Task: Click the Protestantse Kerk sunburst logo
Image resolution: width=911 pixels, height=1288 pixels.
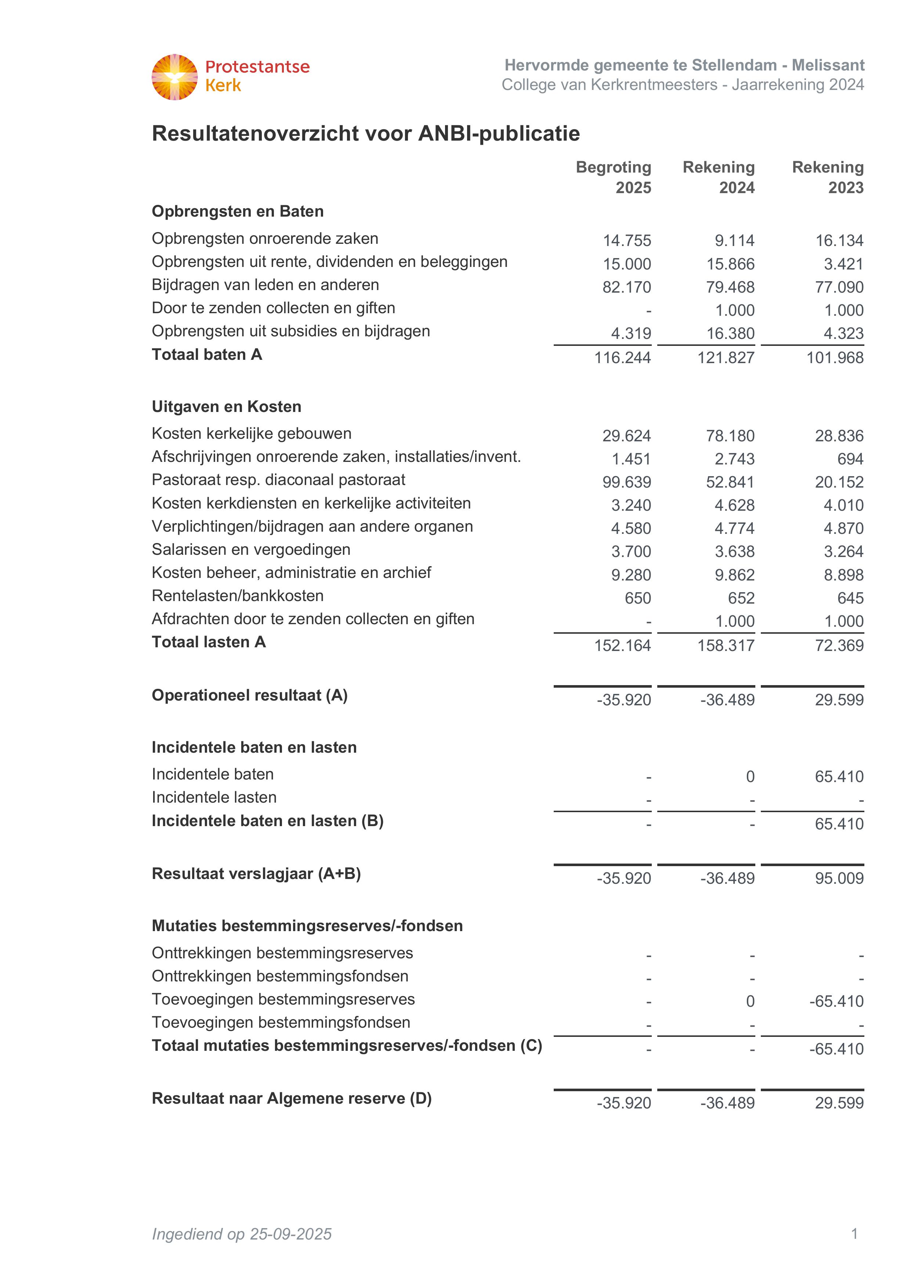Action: click(174, 77)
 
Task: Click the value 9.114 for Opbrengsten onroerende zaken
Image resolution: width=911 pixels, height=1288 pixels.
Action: click(734, 240)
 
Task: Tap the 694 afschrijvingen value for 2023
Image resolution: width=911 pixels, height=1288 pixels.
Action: click(850, 459)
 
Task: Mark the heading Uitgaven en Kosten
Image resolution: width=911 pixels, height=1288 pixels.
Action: click(226, 407)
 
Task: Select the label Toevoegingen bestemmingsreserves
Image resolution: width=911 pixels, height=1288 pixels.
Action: click(283, 1000)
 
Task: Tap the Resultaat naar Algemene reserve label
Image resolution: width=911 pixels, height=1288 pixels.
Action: click(292, 1099)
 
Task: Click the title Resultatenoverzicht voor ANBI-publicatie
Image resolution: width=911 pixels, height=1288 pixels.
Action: click(366, 134)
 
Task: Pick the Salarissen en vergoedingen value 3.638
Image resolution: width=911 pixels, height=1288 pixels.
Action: click(734, 552)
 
